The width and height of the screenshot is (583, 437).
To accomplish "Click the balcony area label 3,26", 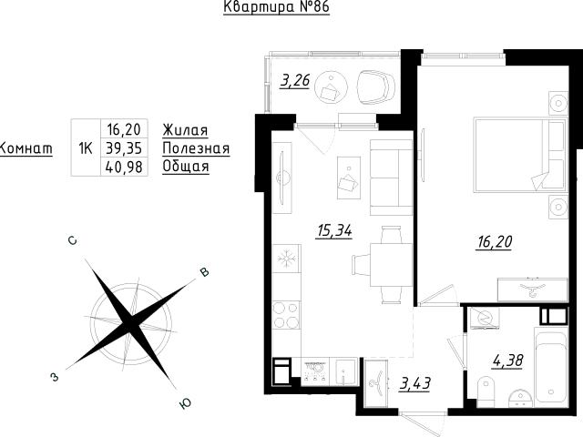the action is click(x=295, y=80).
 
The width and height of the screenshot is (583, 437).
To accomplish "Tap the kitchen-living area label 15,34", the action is click(x=334, y=231).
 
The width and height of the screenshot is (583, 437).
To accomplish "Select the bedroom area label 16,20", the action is click(x=495, y=242).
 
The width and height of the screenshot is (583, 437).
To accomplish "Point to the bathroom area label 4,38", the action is click(x=508, y=361).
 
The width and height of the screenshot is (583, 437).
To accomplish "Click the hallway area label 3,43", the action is click(x=415, y=383).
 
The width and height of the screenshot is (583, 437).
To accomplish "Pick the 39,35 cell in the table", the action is click(x=124, y=148).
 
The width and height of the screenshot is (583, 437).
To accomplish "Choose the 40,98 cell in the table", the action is click(x=124, y=167).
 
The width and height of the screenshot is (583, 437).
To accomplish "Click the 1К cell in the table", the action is click(x=86, y=148).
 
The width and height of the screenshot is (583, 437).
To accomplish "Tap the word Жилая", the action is click(x=185, y=130).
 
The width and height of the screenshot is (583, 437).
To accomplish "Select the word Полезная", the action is click(x=197, y=148).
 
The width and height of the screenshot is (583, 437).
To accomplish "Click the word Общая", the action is click(x=186, y=167).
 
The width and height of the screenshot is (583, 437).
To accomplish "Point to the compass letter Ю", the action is click(x=185, y=403).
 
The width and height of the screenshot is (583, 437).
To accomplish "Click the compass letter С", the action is click(x=73, y=240).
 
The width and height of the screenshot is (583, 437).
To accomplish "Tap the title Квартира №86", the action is click(x=277, y=6).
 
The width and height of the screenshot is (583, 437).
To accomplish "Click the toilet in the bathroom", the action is click(x=486, y=391).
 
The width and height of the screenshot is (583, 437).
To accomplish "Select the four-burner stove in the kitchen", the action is click(x=286, y=314).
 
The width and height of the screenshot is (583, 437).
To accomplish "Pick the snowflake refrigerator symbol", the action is click(x=286, y=258).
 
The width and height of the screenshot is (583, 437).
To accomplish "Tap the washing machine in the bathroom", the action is click(x=483, y=318).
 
